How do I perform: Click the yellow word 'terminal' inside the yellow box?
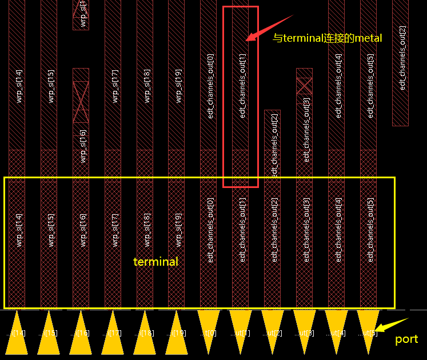point(155,262)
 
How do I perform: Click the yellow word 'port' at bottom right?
point(406,339)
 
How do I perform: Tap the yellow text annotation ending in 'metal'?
point(327,38)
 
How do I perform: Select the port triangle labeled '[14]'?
point(17,333)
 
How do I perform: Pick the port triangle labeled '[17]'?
point(113,333)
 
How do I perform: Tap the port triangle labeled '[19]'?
point(177,333)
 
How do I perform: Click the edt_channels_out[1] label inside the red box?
point(242,86)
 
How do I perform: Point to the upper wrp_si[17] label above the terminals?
point(115,86)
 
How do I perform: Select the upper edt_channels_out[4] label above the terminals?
point(338,86)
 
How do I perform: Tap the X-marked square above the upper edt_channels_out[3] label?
point(304,86)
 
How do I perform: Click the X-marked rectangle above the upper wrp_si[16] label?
point(81,102)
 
